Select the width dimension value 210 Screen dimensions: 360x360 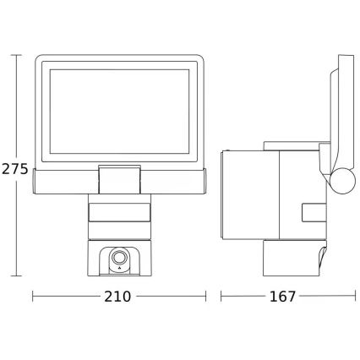pos(119,297)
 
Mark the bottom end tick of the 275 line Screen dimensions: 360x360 pos(16,276)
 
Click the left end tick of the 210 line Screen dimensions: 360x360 pos(33,297)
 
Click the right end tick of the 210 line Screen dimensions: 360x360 pos(206,297)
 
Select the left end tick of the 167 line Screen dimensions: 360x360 pos(221,297)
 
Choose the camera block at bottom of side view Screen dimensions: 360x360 pos(294,258)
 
